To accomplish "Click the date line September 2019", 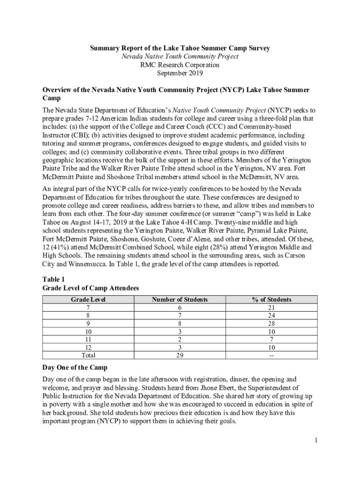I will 180,73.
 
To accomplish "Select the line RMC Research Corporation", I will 180,65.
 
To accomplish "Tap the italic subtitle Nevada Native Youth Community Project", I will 180,57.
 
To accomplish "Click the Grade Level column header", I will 88,299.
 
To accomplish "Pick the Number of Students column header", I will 180,299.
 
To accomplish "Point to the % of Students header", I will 271,299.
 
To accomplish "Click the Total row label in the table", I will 88,356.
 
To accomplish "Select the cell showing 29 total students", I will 180,356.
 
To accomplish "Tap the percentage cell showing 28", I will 271,324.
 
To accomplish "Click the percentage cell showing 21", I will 271,308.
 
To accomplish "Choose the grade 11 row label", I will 88,340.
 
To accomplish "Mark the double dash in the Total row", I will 271,356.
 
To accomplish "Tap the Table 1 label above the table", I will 53,279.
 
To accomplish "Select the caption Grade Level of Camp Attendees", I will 91,288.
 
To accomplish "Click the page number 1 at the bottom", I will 316,440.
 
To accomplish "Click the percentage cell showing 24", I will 271,316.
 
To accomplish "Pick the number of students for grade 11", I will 180,340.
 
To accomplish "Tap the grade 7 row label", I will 88,308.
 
